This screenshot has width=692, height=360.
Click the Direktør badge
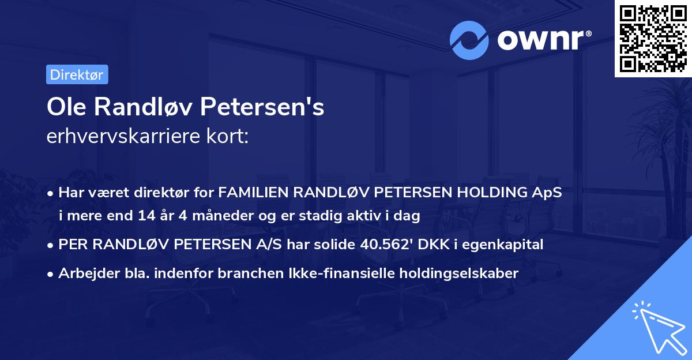[77, 74]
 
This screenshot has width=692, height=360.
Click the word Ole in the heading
[64, 107]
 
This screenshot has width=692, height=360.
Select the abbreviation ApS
[546, 193]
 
